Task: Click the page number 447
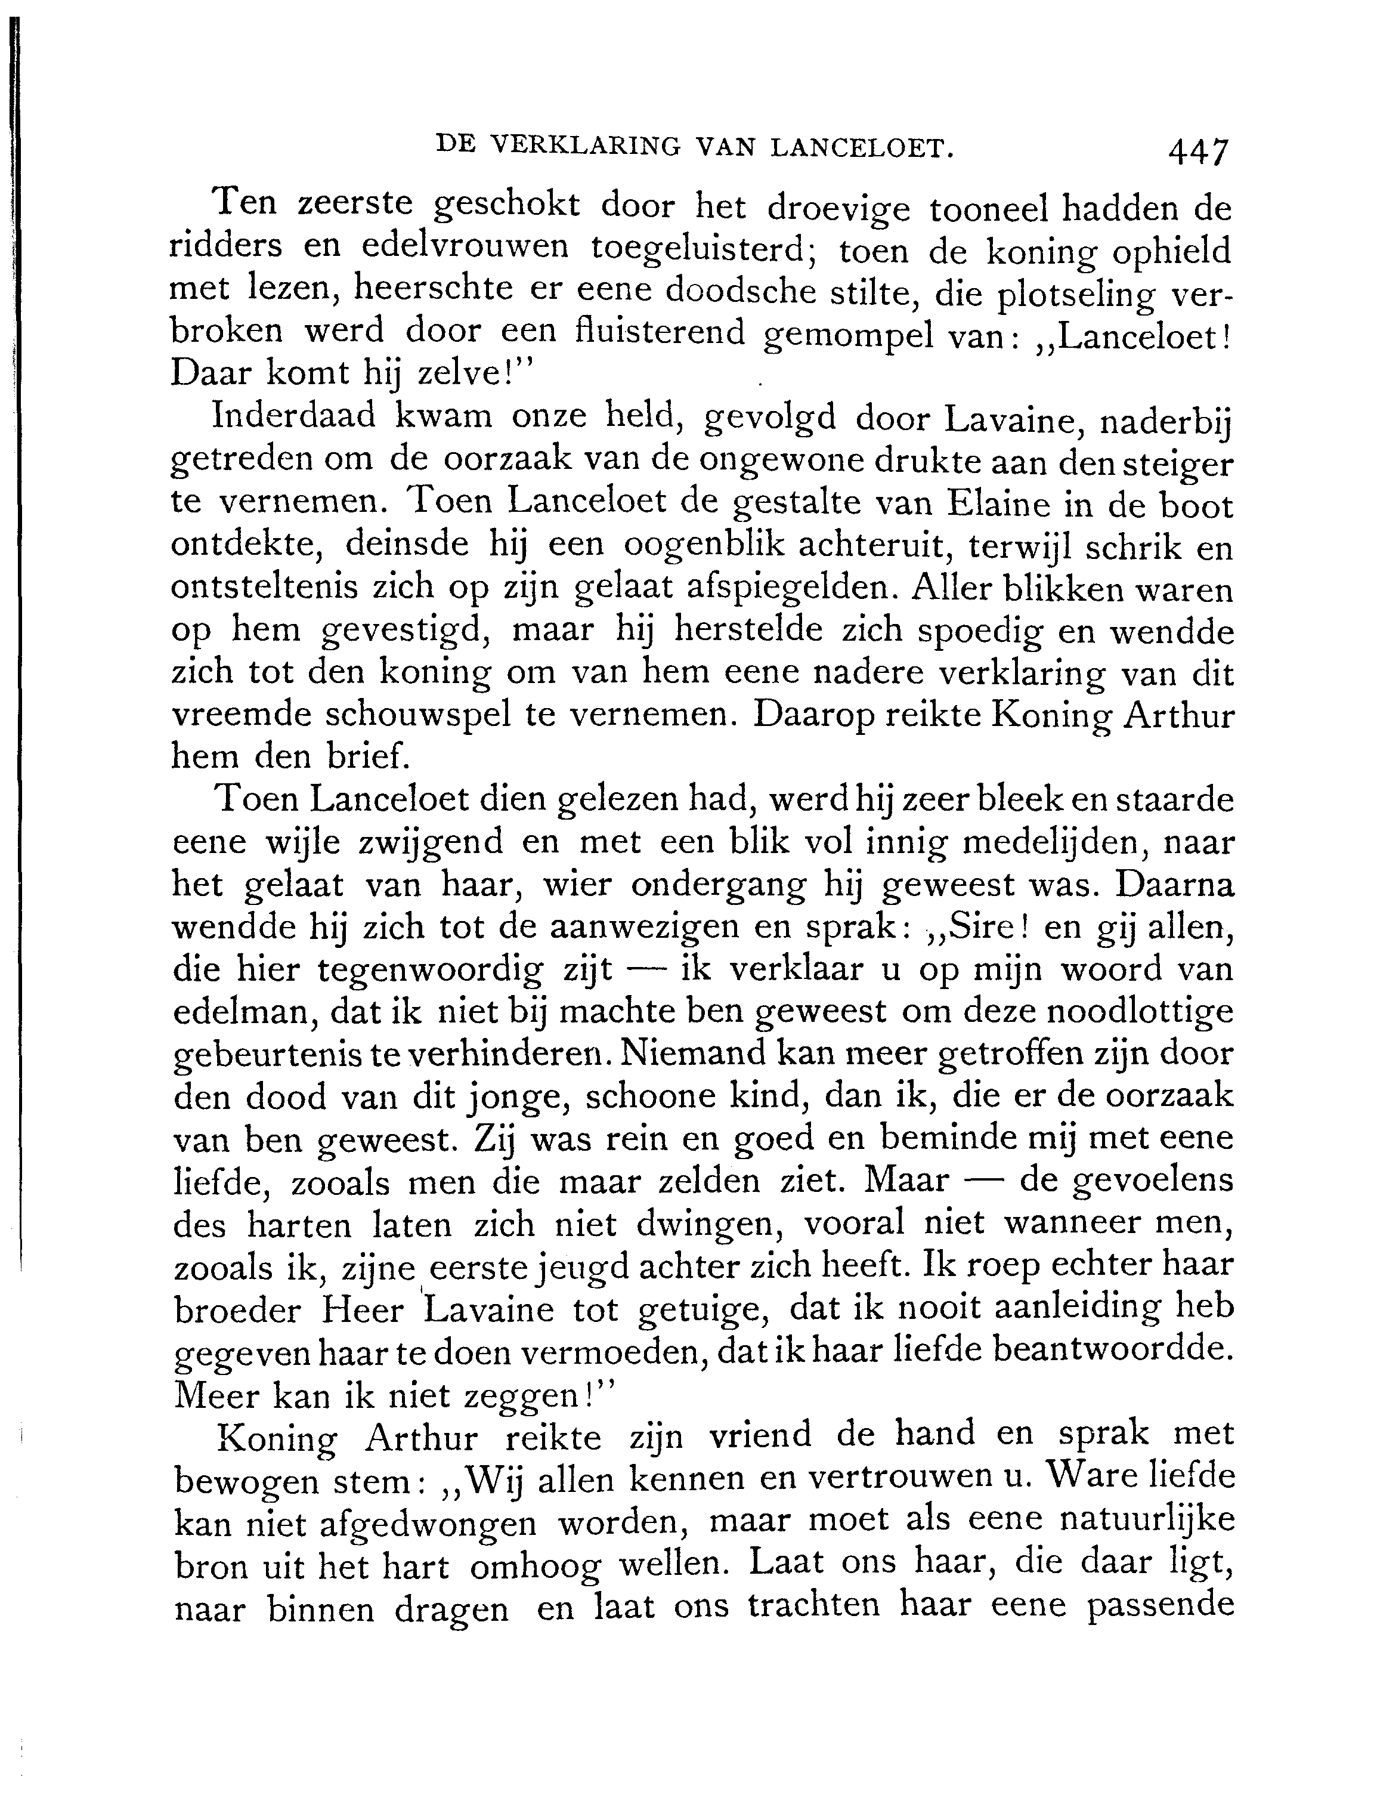tap(1198, 152)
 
